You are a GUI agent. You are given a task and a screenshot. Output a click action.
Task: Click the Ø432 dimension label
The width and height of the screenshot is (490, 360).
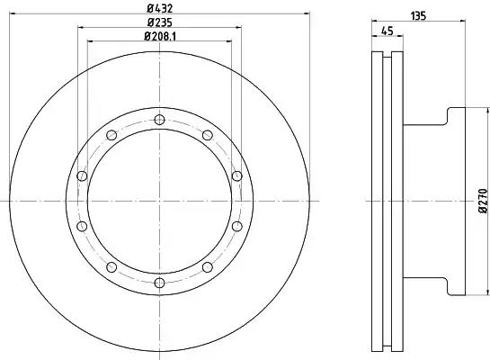tap(160, 8)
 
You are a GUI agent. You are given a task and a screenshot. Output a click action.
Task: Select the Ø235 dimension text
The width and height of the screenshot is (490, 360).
tap(160, 22)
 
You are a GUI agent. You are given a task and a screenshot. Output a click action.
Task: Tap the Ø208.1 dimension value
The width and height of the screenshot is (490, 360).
tap(160, 36)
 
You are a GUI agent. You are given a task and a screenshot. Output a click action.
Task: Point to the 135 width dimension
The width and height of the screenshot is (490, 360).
tap(418, 16)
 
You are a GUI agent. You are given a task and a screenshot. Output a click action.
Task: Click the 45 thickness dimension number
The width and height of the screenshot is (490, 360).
tap(388, 31)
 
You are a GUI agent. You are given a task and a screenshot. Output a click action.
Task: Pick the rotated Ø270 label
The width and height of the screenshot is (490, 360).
tap(483, 201)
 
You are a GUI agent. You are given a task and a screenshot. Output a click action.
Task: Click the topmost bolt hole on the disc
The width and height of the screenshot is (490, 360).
tap(159, 120)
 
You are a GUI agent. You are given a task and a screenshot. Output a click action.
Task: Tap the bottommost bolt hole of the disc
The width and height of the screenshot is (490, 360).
tap(159, 283)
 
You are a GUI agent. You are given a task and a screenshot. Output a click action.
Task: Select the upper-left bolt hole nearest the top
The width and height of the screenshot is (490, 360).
tap(111, 135)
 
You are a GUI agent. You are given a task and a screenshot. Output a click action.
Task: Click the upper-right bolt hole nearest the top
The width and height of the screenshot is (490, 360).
tap(208, 135)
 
